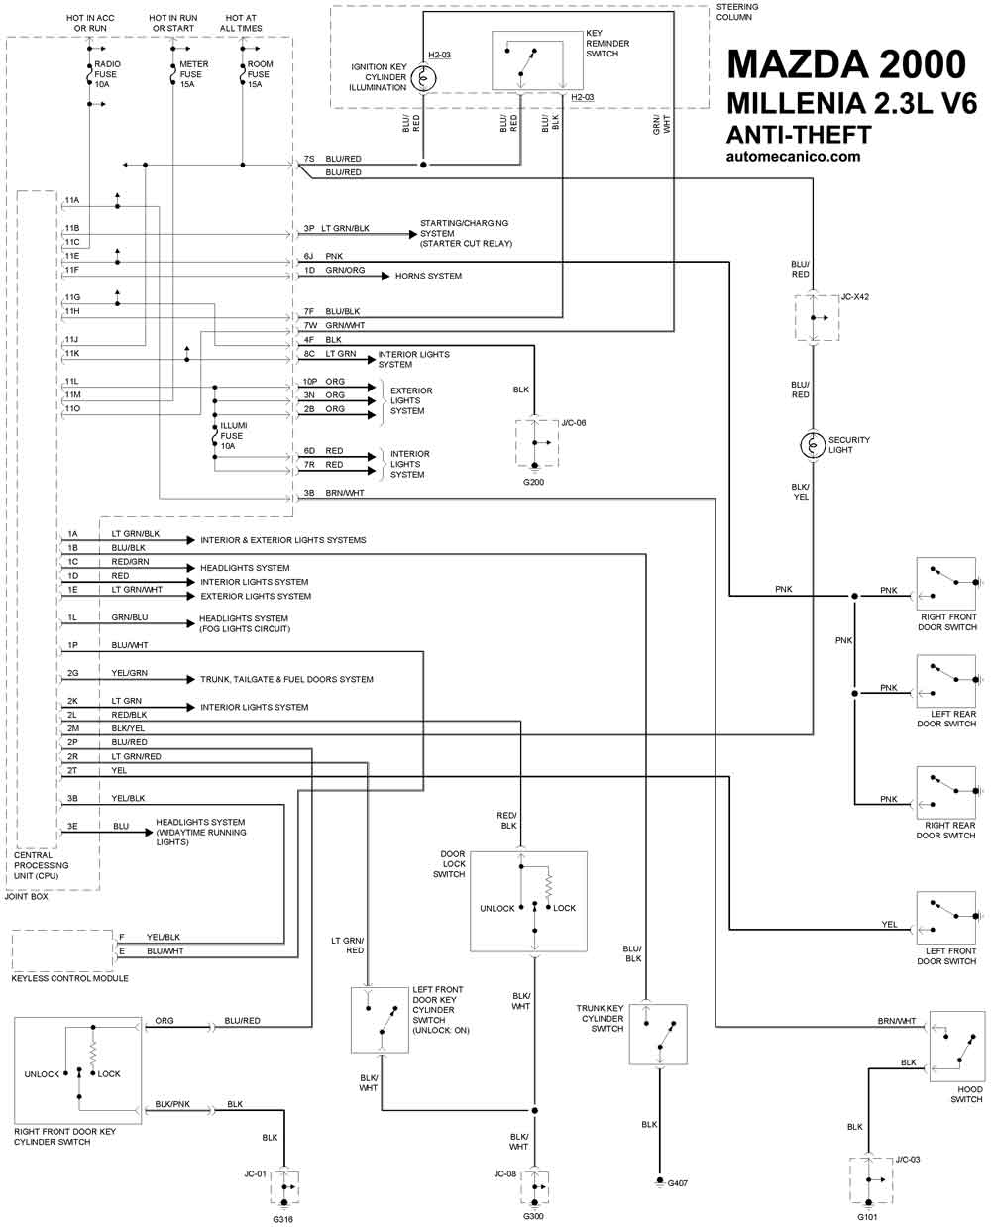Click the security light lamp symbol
812,445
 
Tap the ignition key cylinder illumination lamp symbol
423,78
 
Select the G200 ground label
533,482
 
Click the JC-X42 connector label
855,296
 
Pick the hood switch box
957,1046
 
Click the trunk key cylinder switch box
658,1034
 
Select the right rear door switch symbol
946,792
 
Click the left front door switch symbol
946,918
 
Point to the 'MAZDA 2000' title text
846,64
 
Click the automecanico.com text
794,157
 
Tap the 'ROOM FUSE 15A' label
260,74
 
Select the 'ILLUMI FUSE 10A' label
233,435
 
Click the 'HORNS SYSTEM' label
428,276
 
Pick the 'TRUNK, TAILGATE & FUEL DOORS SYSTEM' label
286,679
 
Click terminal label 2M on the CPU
72,728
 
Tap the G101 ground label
867,1217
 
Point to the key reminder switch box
537,60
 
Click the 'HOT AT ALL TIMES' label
241,23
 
